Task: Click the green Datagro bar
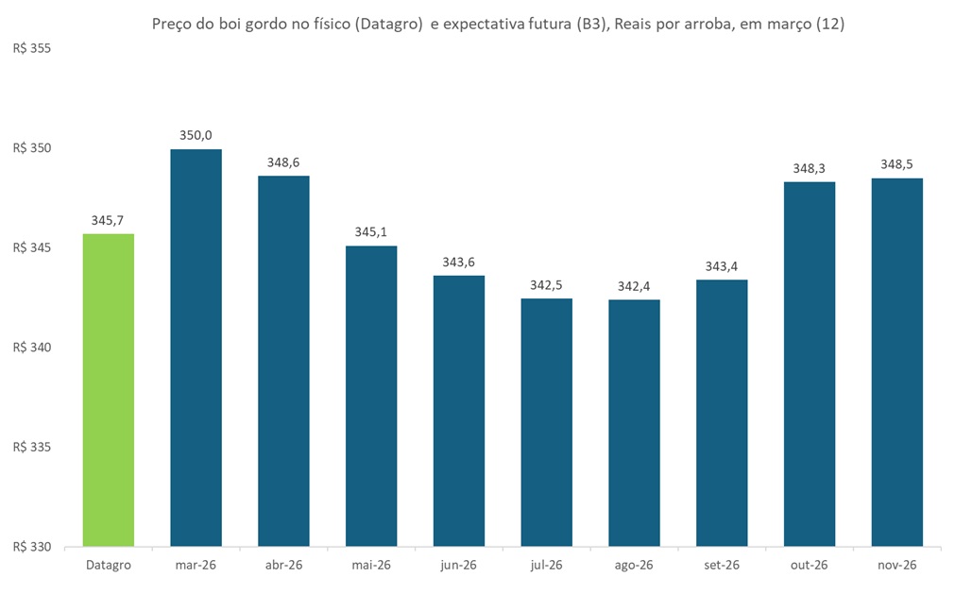pos(109,389)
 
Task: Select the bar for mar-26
pos(196,348)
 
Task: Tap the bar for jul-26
pos(547,422)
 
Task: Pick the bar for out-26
pos(810,364)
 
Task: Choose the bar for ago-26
pos(634,422)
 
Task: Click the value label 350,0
pos(196,135)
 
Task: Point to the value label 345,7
pos(109,220)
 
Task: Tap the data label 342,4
pos(634,286)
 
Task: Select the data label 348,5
pos(897,164)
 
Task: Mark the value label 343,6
pos(459,262)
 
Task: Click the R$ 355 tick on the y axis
pos(31,49)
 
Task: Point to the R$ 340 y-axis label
pos(31,348)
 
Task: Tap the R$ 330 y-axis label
pos(31,547)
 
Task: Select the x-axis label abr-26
pos(283,565)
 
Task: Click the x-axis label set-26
pos(722,565)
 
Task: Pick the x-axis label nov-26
pos(897,565)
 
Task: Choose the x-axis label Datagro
pos(109,565)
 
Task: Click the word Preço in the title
pos(173,25)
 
